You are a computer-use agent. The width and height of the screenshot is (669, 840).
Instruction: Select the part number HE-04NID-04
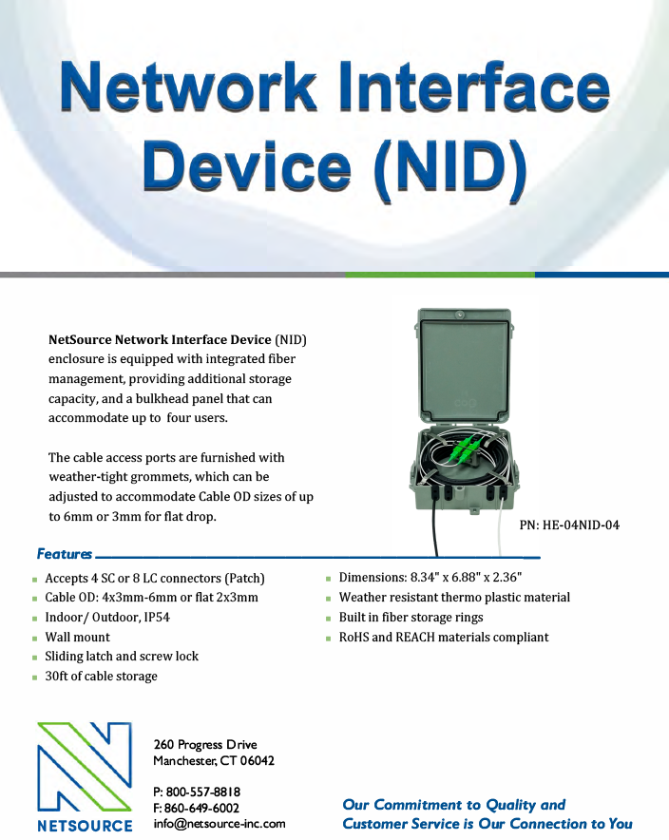569,525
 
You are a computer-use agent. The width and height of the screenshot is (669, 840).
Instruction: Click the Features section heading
65,554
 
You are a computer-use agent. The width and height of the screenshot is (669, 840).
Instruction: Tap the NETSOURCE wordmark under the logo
85,825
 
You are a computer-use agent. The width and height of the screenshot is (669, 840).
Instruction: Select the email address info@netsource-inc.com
220,824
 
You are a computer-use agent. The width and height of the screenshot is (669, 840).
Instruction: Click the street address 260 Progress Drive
205,744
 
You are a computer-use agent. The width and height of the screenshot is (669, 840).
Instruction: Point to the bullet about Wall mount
78,637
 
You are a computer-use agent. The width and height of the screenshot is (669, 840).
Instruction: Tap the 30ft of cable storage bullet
102,676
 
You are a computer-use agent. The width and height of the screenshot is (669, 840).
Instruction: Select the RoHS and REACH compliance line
444,637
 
